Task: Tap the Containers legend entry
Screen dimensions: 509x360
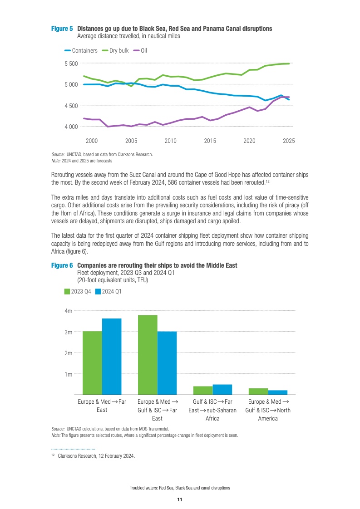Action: (81, 51)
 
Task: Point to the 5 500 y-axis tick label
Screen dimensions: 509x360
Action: (71, 64)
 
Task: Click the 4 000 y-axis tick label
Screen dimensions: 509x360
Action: (71, 127)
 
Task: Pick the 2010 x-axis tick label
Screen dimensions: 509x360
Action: (170, 141)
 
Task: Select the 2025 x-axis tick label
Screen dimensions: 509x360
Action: (289, 141)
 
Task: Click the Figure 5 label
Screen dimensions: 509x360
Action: (61, 29)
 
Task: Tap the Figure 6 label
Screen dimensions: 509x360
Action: (61, 265)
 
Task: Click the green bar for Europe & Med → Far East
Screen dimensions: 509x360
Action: (92, 363)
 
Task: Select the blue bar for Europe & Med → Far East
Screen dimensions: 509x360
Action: (112, 357)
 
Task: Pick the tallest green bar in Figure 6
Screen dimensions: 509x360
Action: (148, 355)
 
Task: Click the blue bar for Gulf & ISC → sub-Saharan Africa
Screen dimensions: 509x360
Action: (222, 390)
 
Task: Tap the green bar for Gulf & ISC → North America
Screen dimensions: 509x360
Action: (258, 392)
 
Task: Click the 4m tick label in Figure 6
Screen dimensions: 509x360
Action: (69, 311)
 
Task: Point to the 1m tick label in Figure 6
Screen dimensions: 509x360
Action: (69, 374)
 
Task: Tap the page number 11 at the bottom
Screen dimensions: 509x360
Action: (180, 499)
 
